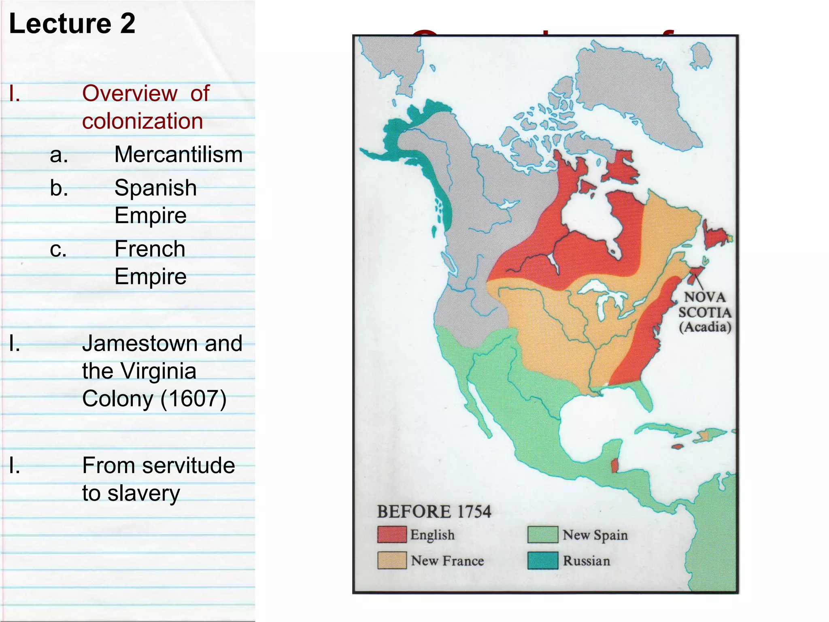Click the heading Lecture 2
72,23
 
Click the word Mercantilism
178,154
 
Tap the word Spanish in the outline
155,188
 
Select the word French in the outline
150,249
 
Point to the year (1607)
193,398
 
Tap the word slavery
144,493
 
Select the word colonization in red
142,121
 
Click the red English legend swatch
391,535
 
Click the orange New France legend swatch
391,560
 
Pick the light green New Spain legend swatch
542,535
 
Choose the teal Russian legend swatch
542,560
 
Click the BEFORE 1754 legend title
434,511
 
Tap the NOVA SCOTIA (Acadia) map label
705,312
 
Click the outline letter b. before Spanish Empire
59,188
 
